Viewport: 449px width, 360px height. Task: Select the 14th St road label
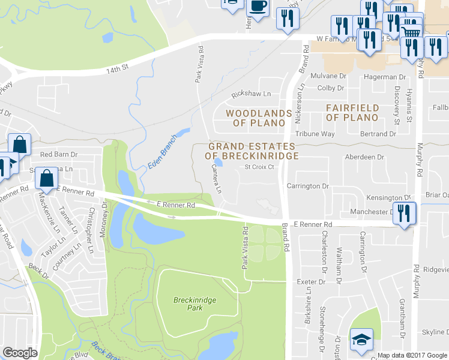[118, 68]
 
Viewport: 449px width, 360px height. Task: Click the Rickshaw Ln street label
[252, 94]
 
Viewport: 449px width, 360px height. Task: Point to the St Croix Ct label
[259, 167]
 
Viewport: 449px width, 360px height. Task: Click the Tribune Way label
[315, 134]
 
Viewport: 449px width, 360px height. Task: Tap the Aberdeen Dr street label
[364, 157]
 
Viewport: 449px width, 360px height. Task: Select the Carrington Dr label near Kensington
[308, 186]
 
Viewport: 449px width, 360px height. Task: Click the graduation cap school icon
[361, 340]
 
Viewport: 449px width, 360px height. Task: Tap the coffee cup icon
[258, 7]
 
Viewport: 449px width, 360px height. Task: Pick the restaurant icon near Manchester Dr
[404, 213]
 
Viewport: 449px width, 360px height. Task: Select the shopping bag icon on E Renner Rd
[47, 178]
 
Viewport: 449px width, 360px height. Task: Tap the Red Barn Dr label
[59, 154]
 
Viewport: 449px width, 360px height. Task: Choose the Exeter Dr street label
[312, 281]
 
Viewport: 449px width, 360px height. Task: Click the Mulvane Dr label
[329, 76]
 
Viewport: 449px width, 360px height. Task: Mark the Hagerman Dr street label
[385, 77]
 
